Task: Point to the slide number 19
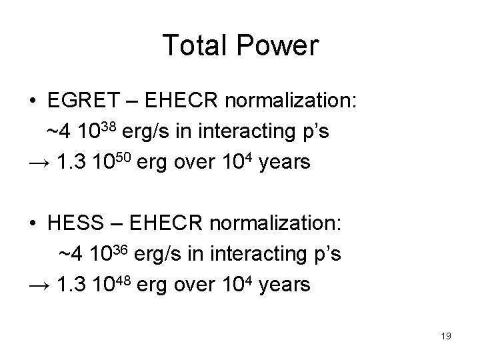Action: tap(445, 336)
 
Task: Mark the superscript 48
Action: tap(128, 279)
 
